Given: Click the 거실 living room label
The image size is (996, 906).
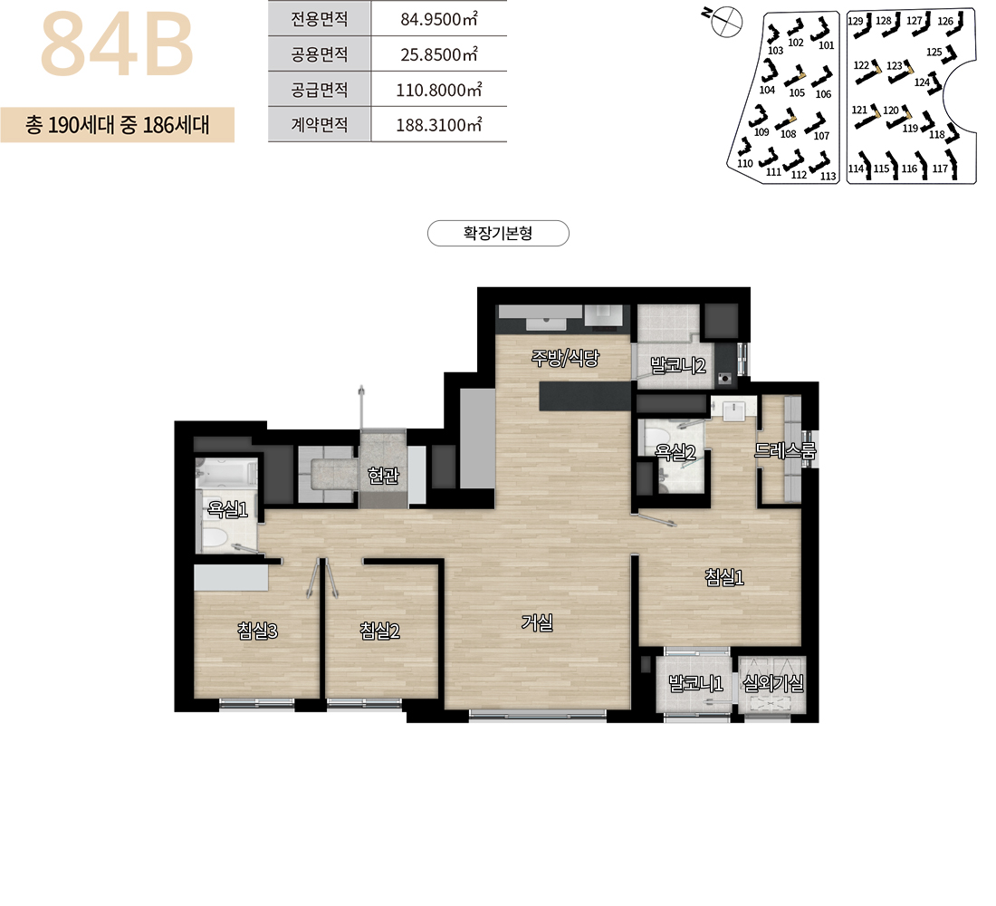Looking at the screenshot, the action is pyautogui.click(x=537, y=622).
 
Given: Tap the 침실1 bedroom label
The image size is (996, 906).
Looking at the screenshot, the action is pyautogui.click(x=724, y=577).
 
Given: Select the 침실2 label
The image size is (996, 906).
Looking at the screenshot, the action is pyautogui.click(x=380, y=631).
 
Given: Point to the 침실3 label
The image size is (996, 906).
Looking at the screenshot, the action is pyautogui.click(x=257, y=631).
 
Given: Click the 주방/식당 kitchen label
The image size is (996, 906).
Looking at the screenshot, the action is pyautogui.click(x=565, y=359).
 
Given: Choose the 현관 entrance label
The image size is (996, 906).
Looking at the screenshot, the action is pyautogui.click(x=383, y=475).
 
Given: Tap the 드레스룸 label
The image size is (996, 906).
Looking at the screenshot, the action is pyautogui.click(x=785, y=451).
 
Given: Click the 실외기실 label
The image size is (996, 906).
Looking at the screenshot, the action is pyautogui.click(x=773, y=683).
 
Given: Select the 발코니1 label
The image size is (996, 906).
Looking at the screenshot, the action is pyautogui.click(x=695, y=683).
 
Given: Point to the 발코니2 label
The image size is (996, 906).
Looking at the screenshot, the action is pyautogui.click(x=678, y=366).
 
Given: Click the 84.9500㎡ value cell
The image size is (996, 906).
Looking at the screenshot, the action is pyautogui.click(x=439, y=19).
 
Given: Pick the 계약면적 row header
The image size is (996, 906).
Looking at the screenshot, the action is pyautogui.click(x=320, y=124).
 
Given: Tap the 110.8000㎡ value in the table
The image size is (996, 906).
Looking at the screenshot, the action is pyautogui.click(x=439, y=90).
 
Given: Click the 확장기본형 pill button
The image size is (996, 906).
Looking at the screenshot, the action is pyautogui.click(x=498, y=234).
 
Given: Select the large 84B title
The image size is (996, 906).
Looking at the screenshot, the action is pyautogui.click(x=117, y=44).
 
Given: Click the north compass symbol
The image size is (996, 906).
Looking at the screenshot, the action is pyautogui.click(x=725, y=22).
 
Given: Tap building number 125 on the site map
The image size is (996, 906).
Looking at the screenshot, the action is pyautogui.click(x=934, y=53).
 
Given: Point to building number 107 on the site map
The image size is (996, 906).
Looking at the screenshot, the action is pyautogui.click(x=821, y=135).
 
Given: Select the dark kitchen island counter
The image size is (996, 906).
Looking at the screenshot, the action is pyautogui.click(x=585, y=396).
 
